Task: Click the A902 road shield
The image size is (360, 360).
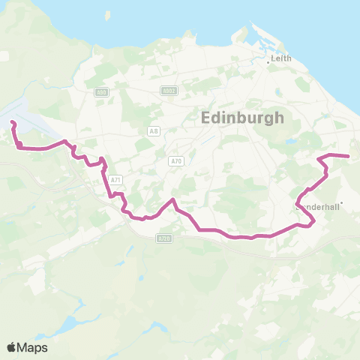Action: point(169,91)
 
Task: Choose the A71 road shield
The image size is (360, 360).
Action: point(115,180)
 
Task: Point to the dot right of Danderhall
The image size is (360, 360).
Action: point(342,202)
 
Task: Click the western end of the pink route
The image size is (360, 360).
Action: point(11,121)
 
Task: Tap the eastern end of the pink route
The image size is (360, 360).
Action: point(349,156)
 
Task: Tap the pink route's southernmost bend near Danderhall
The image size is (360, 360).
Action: point(309,223)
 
